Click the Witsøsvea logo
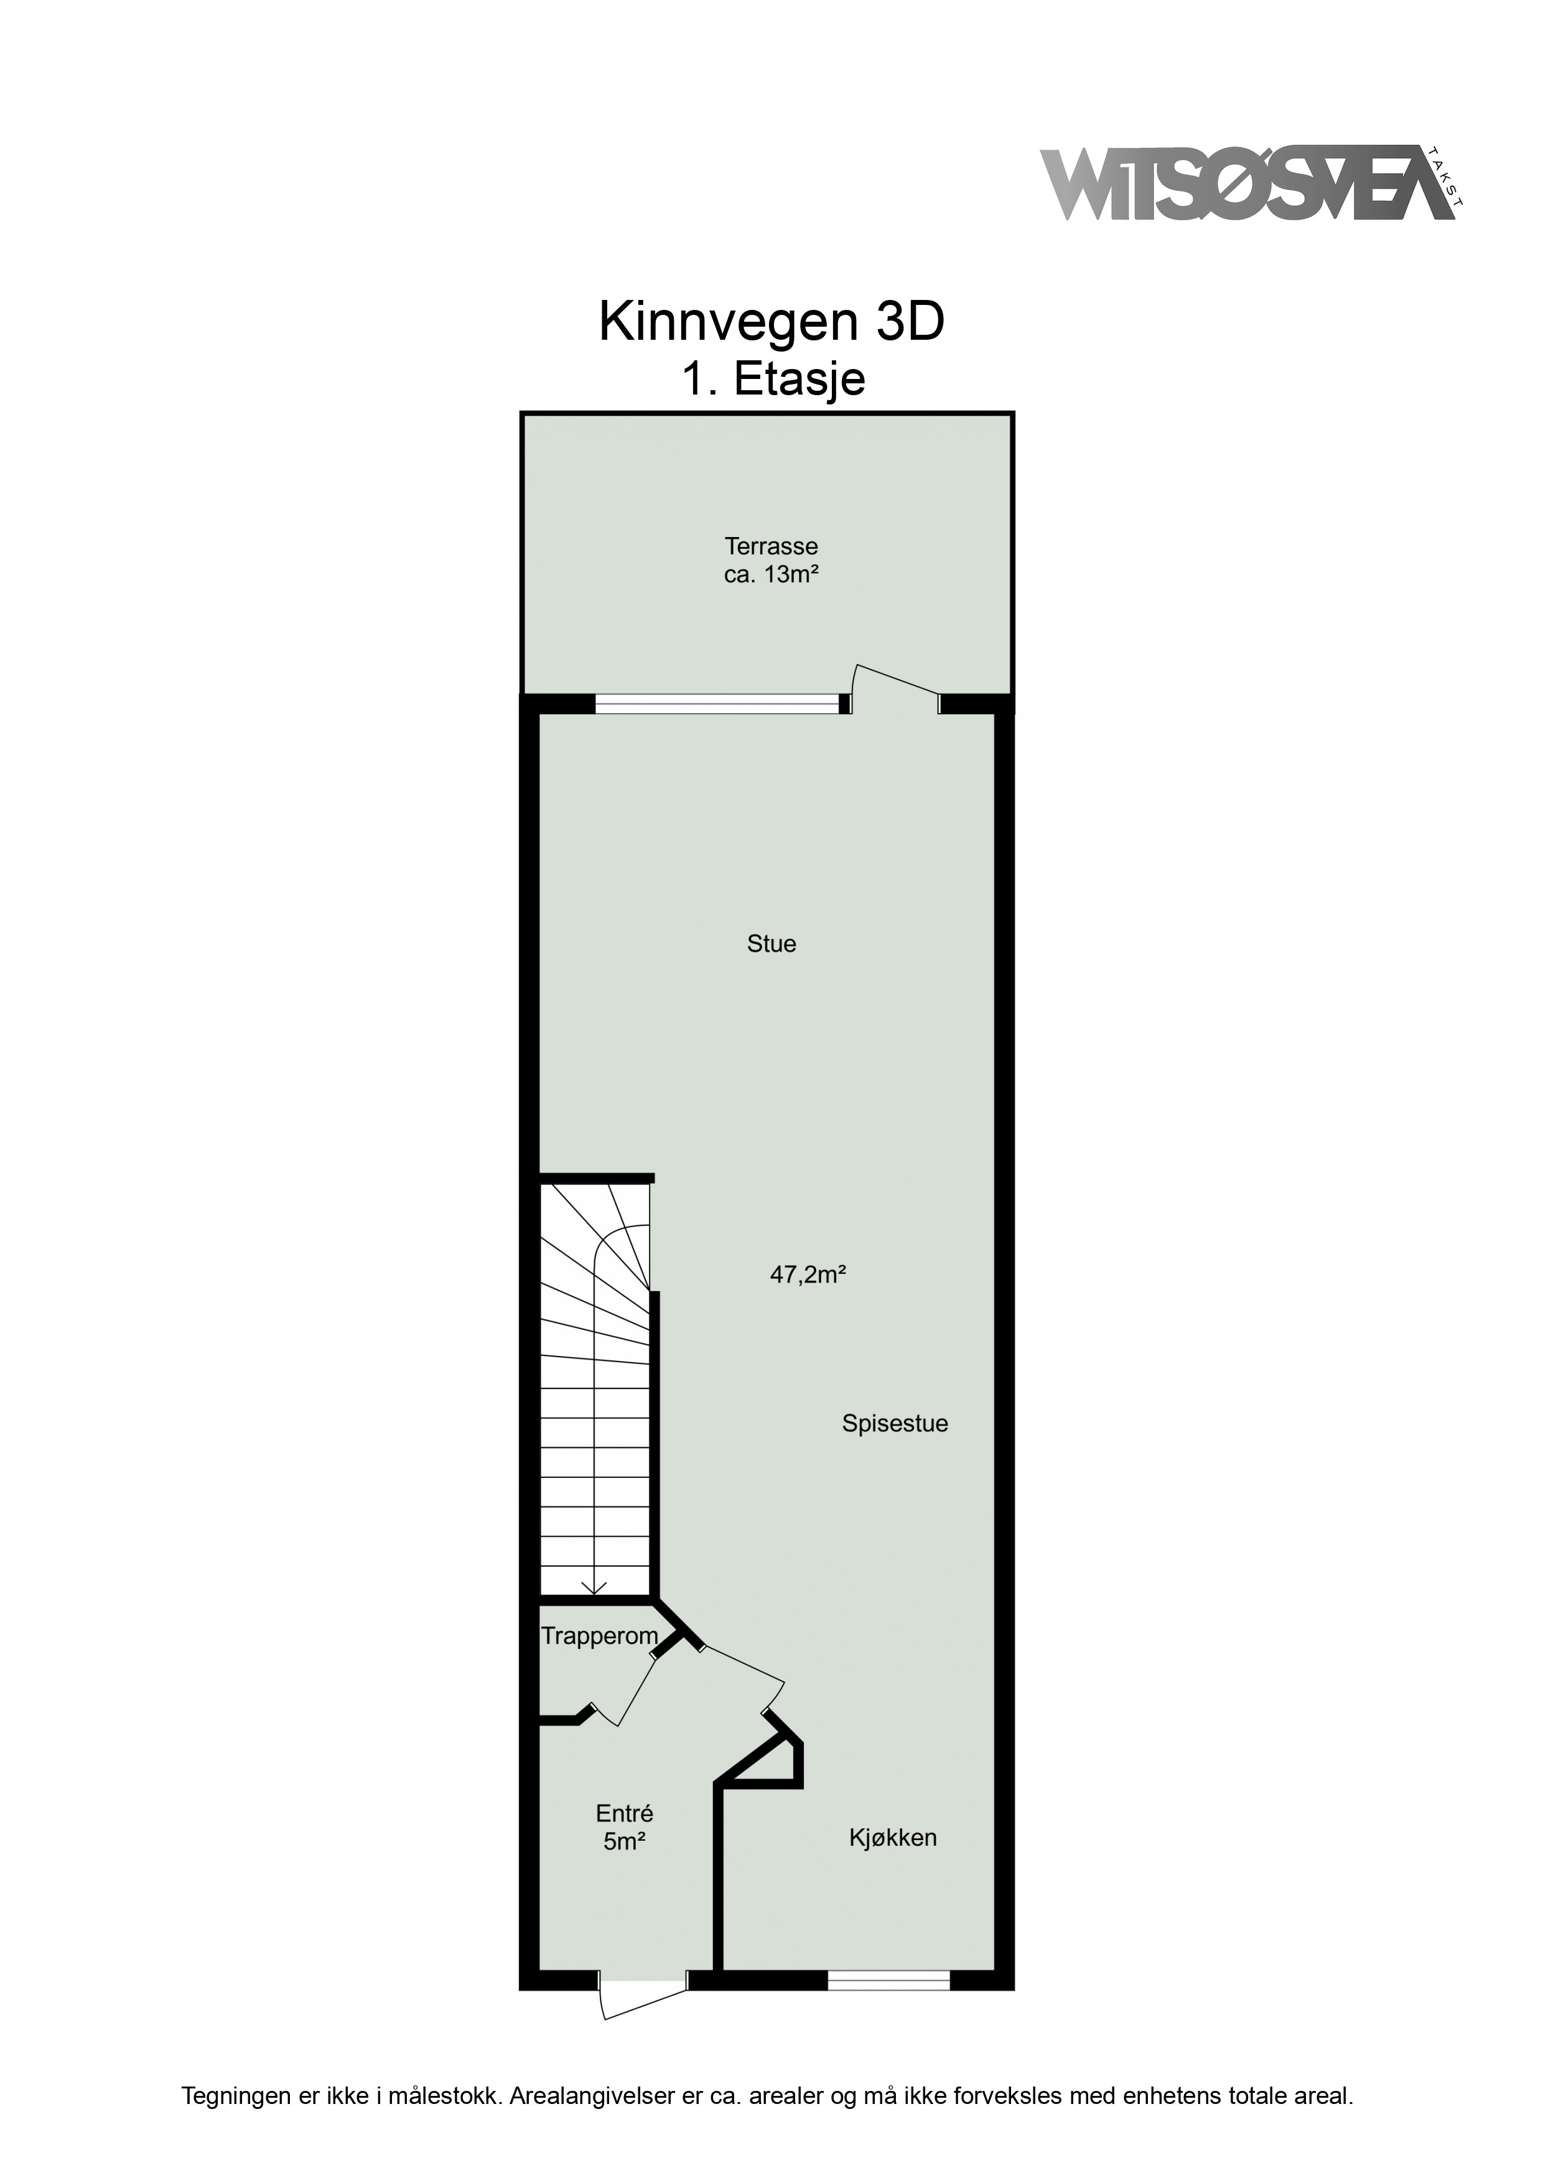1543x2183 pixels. [1251, 184]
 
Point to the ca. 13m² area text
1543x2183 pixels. [771, 574]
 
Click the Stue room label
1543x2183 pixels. [771, 943]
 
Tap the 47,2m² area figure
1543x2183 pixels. [808, 1274]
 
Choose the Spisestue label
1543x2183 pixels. [895, 1423]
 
